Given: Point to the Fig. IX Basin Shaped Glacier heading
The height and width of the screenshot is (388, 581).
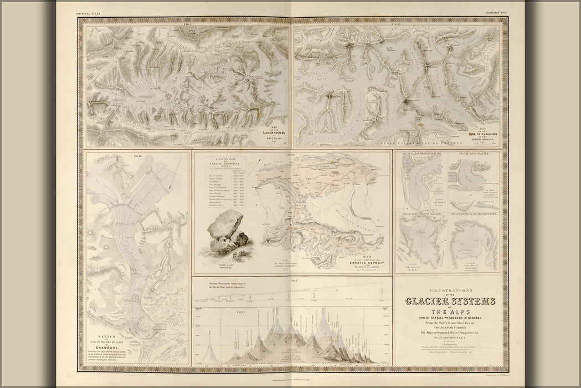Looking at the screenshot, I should click(x=419, y=213).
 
